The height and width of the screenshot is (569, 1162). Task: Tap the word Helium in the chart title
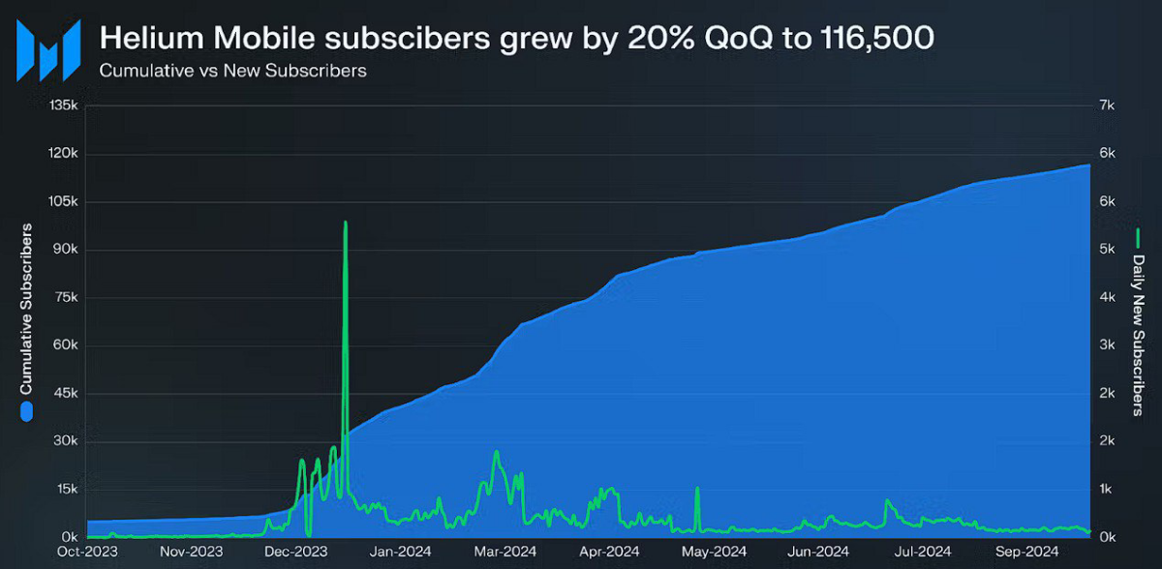click(x=147, y=39)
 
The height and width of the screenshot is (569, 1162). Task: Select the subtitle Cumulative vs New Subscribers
click(x=232, y=71)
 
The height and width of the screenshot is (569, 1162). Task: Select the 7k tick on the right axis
click(x=1106, y=106)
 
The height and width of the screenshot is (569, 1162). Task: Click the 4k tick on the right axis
click(x=1106, y=298)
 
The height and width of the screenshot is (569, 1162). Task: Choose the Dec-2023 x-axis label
click(x=292, y=554)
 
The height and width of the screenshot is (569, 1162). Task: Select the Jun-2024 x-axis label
click(x=811, y=554)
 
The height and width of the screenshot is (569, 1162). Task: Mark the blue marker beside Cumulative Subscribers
click(x=27, y=412)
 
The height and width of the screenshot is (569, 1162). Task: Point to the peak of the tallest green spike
click(x=346, y=223)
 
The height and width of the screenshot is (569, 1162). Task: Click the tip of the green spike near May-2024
click(x=697, y=489)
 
